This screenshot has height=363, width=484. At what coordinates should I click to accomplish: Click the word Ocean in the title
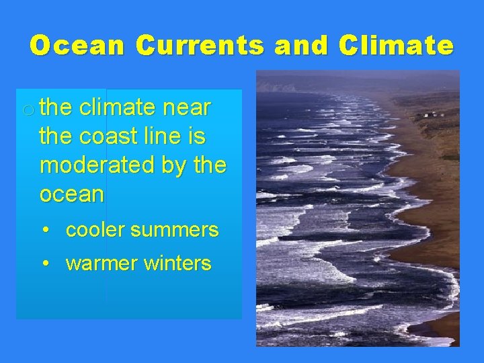coord(77,46)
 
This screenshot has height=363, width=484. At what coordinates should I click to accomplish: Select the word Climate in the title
coord(397,46)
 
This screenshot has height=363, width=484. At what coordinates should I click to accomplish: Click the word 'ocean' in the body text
coord(71,195)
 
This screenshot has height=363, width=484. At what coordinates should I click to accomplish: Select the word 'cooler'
coord(95,230)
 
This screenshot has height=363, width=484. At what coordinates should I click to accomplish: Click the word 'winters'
coord(178,263)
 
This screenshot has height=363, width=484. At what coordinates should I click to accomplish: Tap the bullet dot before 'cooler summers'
coord(44,230)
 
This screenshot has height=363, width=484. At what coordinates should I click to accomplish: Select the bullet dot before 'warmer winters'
coord(44,263)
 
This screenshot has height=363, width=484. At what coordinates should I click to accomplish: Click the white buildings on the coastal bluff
coord(430,116)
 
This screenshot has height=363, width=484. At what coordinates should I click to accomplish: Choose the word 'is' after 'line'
coord(198,136)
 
